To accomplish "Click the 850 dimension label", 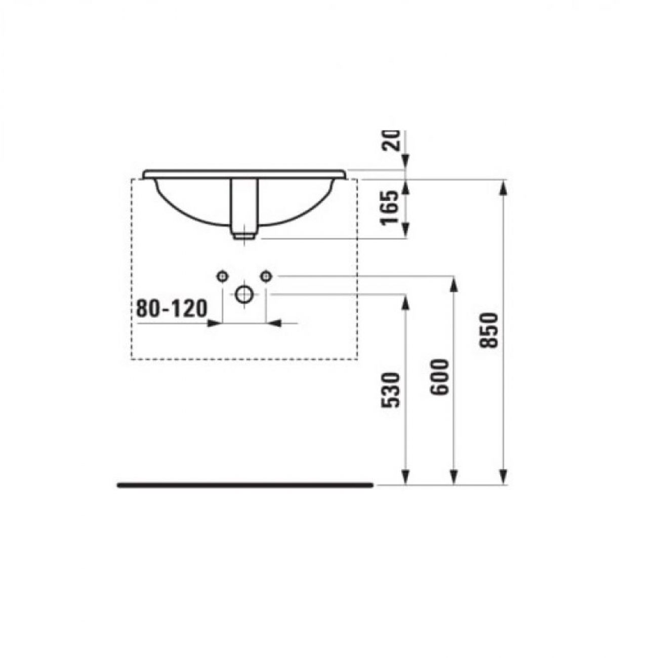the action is [488, 330].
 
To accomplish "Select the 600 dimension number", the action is [439, 377].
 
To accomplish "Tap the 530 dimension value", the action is [390, 390].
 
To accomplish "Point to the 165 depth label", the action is [390, 208].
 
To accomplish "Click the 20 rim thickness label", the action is [390, 141].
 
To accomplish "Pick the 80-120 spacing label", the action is [172, 308].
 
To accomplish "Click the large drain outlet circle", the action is [244, 294].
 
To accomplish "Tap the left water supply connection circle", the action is [223, 276].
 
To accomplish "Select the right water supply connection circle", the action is [266, 276].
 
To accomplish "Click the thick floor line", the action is [245, 485].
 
